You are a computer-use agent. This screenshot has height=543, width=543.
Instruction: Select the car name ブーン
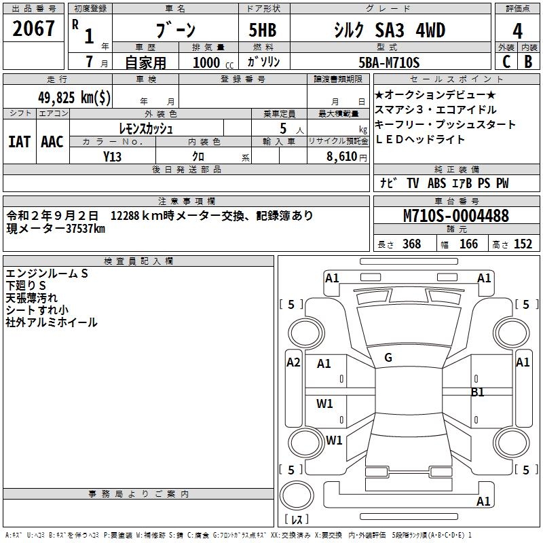(175, 30)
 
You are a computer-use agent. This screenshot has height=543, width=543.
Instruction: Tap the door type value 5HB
(263, 30)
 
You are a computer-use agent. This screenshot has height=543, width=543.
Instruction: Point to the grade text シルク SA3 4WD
(389, 30)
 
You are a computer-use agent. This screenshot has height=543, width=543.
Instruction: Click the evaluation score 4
(517, 31)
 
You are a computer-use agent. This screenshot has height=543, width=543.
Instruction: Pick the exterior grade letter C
(506, 62)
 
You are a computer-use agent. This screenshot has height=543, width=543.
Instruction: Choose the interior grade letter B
(529, 62)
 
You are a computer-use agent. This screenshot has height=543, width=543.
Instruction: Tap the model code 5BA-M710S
(389, 62)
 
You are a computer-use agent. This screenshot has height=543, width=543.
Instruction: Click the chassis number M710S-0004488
(455, 216)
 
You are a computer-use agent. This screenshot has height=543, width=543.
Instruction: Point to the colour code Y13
(112, 156)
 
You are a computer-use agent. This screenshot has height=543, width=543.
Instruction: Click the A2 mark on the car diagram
(293, 362)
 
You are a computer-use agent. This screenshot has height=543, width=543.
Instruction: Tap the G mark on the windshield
(388, 358)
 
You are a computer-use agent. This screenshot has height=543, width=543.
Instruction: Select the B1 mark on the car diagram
(478, 392)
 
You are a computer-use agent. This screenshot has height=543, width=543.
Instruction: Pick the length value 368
(411, 244)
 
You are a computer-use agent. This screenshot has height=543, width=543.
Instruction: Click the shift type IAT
(19, 141)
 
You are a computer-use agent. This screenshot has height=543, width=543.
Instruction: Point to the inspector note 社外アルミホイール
(52, 322)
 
